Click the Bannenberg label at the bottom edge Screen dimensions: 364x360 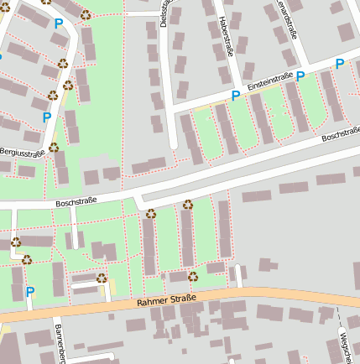(x=60, y=344)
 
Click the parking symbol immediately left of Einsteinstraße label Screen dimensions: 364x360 (x=236, y=96)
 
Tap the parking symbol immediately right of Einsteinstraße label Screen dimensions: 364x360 (x=300, y=76)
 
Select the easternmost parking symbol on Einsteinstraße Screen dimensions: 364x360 (x=340, y=64)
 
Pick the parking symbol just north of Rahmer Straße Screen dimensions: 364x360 (x=30, y=292)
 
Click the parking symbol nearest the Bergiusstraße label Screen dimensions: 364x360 (x=47, y=117)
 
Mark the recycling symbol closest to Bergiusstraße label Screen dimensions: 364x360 (x=54, y=147)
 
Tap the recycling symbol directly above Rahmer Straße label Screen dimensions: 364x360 (x=192, y=276)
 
